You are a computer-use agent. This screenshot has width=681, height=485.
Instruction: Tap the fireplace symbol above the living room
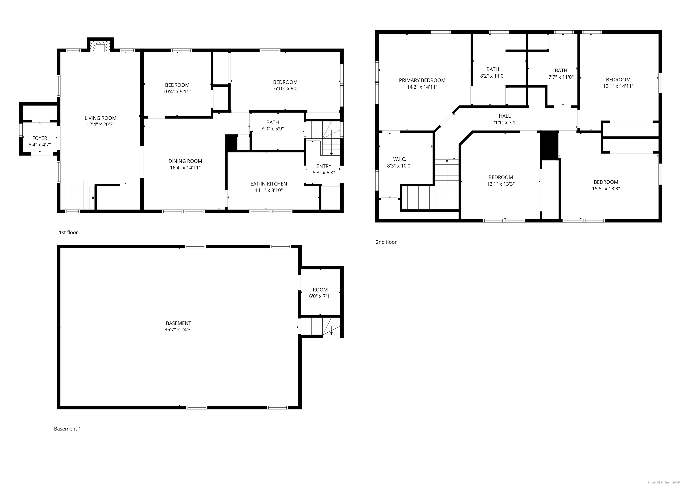tap(100, 47)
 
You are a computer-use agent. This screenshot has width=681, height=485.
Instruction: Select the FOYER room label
tap(40, 138)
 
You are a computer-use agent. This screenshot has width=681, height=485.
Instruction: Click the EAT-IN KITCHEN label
tap(269, 184)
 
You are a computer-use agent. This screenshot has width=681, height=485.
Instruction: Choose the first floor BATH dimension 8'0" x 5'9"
tap(272, 129)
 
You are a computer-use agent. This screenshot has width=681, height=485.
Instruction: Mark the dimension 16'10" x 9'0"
tap(285, 89)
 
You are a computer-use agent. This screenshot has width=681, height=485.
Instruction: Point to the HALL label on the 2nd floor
tap(505, 116)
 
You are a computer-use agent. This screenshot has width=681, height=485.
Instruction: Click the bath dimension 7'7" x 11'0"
tap(561, 77)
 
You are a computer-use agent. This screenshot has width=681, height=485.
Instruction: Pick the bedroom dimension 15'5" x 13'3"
tap(606, 189)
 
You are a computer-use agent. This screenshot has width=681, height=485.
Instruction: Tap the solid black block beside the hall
tap(549, 145)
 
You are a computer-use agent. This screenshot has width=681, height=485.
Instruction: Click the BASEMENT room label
tap(178, 323)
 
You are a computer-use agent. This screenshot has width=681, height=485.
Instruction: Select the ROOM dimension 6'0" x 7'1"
tap(320, 296)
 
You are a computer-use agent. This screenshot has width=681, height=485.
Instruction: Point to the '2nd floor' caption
tap(386, 242)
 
